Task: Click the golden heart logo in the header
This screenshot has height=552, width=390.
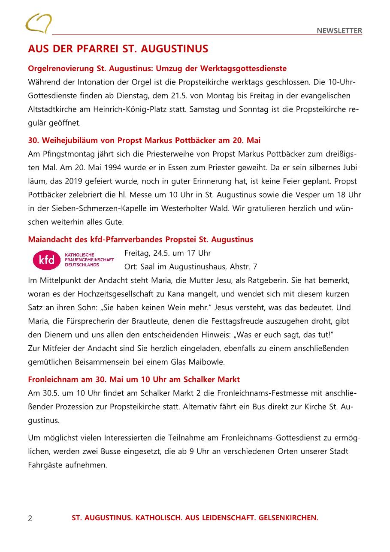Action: pos(38,23)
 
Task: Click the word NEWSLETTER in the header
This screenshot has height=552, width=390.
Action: pos(339,30)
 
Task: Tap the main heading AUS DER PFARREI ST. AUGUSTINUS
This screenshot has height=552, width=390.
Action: pos(118,49)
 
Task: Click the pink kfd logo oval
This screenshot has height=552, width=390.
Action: pos(47,260)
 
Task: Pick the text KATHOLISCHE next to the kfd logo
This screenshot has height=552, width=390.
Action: pos(79,255)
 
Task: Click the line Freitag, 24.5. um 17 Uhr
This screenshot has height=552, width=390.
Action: pos(167,253)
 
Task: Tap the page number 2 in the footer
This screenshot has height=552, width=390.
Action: pos(30,519)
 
